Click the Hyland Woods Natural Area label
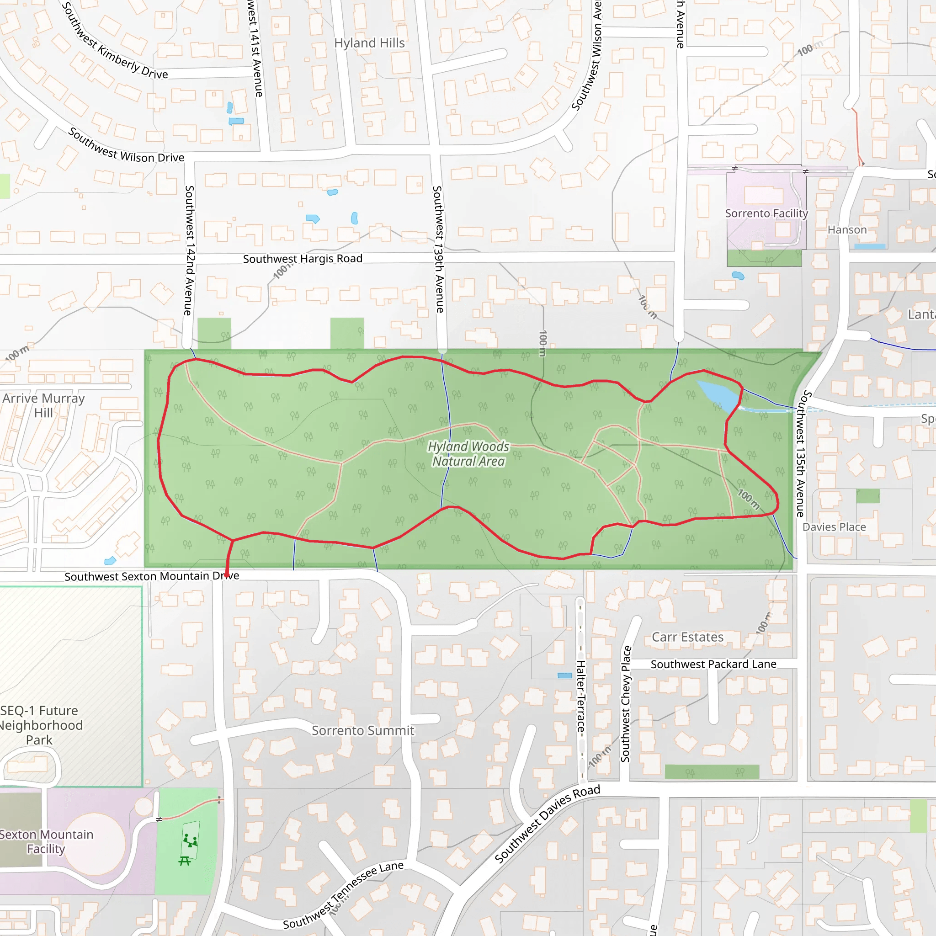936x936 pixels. pyautogui.click(x=468, y=454)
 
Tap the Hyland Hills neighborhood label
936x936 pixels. pyautogui.click(x=369, y=43)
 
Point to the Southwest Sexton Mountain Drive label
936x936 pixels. pyautogui.click(x=152, y=576)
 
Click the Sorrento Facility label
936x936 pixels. pyautogui.click(x=766, y=213)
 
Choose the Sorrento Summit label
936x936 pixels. pyautogui.click(x=363, y=731)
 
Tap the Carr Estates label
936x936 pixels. pyautogui.click(x=687, y=637)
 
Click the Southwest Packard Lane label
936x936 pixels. pyautogui.click(x=713, y=664)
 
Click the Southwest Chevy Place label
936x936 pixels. pyautogui.click(x=626, y=704)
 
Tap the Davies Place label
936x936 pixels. pyautogui.click(x=834, y=527)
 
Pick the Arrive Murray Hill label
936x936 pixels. pyautogui.click(x=43, y=405)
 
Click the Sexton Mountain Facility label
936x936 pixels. pyautogui.click(x=46, y=841)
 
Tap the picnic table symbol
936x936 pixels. pyautogui.click(x=185, y=861)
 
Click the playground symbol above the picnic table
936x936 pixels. pyautogui.click(x=190, y=840)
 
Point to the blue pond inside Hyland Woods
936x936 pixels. pyautogui.click(x=718, y=395)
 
